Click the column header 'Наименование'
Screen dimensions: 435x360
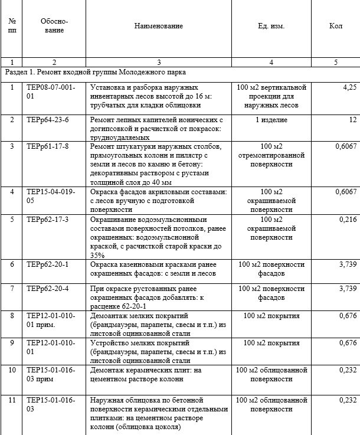[x=158, y=26]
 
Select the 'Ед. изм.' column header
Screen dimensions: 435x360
[x=271, y=26]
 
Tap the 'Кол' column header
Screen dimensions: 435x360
[x=335, y=26]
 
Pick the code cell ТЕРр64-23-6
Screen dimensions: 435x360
[x=48, y=120]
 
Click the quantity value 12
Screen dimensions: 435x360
[x=353, y=120]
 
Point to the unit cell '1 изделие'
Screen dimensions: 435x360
[x=271, y=120]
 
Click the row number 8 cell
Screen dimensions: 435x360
[x=12, y=316]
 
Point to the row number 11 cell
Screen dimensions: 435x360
[x=12, y=401]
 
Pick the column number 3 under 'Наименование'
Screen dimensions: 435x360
[x=158, y=62]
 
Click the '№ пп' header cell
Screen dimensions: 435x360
[x=12, y=26]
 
